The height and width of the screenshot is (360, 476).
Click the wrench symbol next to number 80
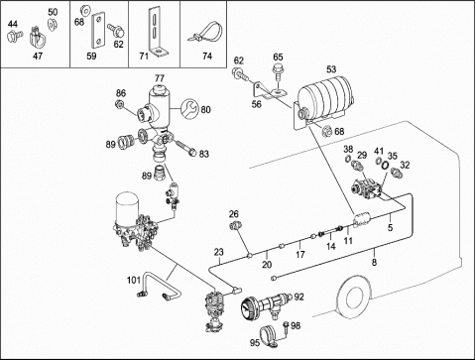tap(189, 108)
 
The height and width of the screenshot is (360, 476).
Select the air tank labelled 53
tap(325, 98)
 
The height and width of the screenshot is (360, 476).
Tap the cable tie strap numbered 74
tap(206, 33)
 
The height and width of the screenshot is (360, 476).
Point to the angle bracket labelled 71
tap(156, 33)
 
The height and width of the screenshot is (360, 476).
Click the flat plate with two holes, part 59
tap(97, 30)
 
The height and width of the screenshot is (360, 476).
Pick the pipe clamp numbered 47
tap(39, 38)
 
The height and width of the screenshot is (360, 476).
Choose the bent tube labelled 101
tap(158, 286)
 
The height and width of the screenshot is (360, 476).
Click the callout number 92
tap(298, 297)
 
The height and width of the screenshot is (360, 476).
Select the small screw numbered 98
tap(286, 328)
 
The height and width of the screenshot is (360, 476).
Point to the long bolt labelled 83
tap(184, 148)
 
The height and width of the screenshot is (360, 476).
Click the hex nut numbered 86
tap(120, 104)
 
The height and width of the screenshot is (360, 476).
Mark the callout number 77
tap(160, 78)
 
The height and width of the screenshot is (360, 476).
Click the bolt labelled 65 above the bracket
tap(278, 72)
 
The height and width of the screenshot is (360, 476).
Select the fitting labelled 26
tap(234, 226)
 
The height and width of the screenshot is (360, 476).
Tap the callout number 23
tap(219, 252)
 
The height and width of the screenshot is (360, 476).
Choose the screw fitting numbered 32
tap(395, 172)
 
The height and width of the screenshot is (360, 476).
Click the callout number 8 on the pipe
tap(374, 262)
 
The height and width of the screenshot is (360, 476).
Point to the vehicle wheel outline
tap(354, 297)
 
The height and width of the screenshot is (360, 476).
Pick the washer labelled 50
tap(52, 25)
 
